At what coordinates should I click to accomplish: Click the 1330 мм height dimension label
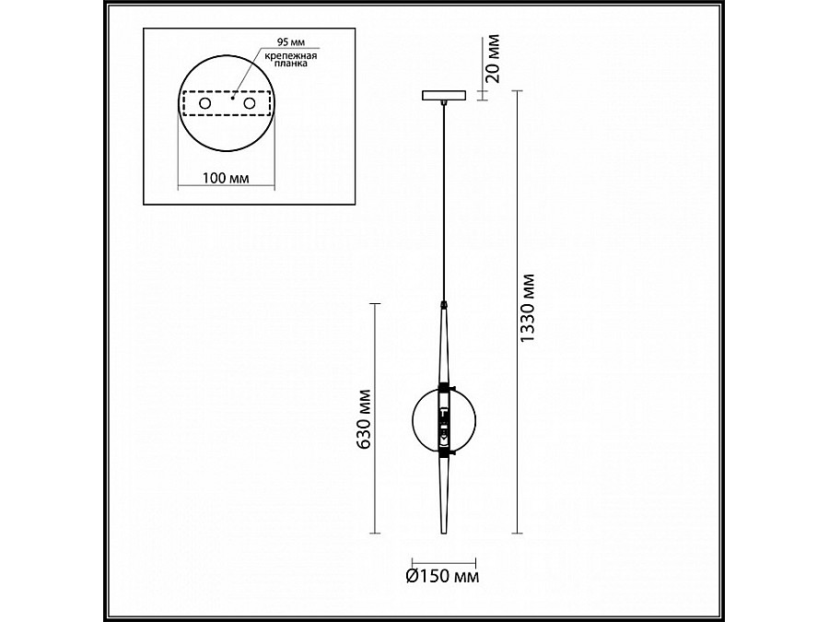click(x=528, y=311)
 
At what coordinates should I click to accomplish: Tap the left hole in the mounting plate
click(x=204, y=106)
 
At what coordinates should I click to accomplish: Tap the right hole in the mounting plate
click(x=249, y=106)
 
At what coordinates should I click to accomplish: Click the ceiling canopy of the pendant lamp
click(x=445, y=94)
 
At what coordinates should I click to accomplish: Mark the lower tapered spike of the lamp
click(x=445, y=498)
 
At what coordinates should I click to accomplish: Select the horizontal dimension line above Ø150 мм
click(x=444, y=560)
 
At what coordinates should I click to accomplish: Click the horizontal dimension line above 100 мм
click(x=224, y=186)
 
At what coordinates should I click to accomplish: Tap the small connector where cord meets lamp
click(x=445, y=303)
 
